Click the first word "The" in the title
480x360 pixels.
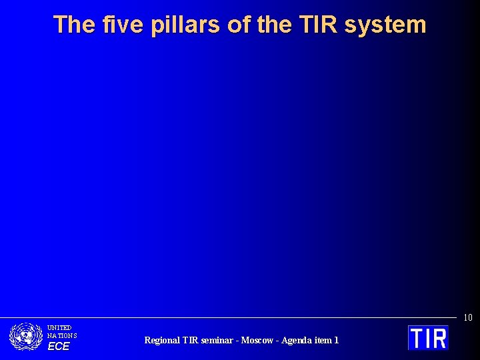pyautogui.click(x=75, y=25)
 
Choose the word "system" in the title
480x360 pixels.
pyautogui.click(x=385, y=25)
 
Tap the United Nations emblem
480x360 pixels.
pyautogui.click(x=26, y=337)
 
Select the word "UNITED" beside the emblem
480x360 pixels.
pyautogui.click(x=59, y=328)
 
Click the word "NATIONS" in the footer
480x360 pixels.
pyautogui.click(x=62, y=336)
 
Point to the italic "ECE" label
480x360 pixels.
pyautogui.click(x=58, y=347)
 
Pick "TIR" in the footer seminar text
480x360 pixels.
pyautogui.click(x=191, y=340)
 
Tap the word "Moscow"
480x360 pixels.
pyautogui.click(x=257, y=340)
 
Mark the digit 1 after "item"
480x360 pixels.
pyautogui.click(x=337, y=340)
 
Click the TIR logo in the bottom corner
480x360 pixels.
pyautogui.click(x=428, y=337)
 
